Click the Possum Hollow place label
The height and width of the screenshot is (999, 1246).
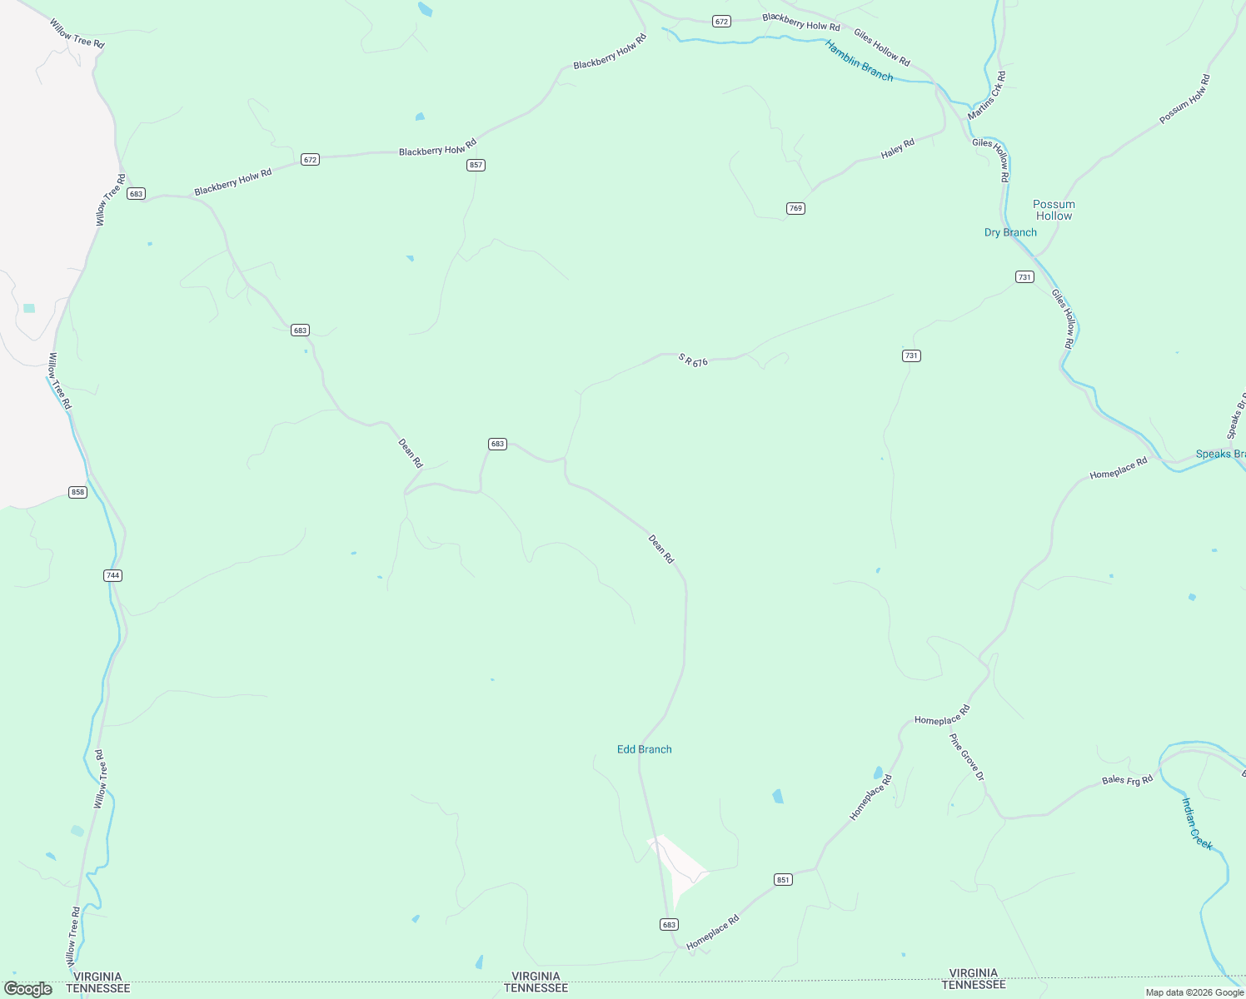point(1054,210)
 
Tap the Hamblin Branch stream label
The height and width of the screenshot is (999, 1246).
point(859,61)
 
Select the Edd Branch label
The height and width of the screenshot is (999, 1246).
point(644,749)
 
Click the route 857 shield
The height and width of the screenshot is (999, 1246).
point(476,165)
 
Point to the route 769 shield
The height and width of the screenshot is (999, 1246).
point(795,208)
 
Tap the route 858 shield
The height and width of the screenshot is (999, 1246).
point(77,492)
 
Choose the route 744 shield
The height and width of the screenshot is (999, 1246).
point(113,575)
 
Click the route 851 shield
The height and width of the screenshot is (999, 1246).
point(782,880)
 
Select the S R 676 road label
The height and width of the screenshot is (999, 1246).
point(693,360)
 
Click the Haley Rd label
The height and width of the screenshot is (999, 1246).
point(898,149)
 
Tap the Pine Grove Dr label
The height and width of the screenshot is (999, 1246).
point(967,757)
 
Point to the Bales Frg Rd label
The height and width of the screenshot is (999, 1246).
point(1127,780)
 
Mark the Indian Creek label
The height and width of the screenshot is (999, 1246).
point(1197,823)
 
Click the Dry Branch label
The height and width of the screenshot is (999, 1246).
point(1010,232)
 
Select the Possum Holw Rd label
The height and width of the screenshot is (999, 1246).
point(1184,100)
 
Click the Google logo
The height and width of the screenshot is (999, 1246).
point(27,989)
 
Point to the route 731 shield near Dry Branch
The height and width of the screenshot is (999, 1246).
point(1024,277)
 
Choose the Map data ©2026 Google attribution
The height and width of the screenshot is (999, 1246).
point(1194,992)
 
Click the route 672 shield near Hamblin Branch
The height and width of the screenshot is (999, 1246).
point(721,21)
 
